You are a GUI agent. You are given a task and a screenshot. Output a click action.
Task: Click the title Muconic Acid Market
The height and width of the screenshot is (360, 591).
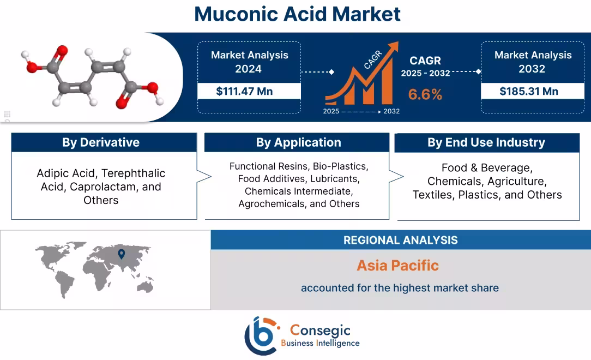(x=297, y=14)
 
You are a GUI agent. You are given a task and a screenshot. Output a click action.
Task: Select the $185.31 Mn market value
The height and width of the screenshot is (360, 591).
(x=528, y=91)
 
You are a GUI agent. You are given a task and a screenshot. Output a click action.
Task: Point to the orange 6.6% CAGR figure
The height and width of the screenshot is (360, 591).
(x=425, y=94)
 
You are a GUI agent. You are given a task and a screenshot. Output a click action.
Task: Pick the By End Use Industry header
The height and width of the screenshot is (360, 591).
(x=486, y=142)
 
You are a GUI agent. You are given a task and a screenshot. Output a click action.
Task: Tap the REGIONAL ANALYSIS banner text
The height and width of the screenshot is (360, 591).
(x=400, y=240)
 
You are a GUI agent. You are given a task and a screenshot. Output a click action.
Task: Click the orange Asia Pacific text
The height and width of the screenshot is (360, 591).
(x=397, y=266)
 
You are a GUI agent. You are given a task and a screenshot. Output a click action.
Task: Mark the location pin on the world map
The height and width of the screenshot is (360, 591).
(x=121, y=254)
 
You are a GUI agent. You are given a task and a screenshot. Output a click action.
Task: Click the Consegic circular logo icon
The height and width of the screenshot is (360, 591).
(x=262, y=335)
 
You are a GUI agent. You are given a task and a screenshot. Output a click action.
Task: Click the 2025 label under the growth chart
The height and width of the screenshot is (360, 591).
(x=331, y=111)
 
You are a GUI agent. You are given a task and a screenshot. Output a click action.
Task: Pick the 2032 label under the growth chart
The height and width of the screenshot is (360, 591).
(x=391, y=111)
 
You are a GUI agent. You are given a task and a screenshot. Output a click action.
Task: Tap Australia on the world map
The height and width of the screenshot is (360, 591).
(x=144, y=286)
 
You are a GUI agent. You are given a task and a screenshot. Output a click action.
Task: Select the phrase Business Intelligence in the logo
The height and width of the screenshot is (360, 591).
(x=320, y=343)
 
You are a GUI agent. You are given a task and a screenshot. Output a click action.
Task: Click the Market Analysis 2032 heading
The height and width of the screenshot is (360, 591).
(x=533, y=62)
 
